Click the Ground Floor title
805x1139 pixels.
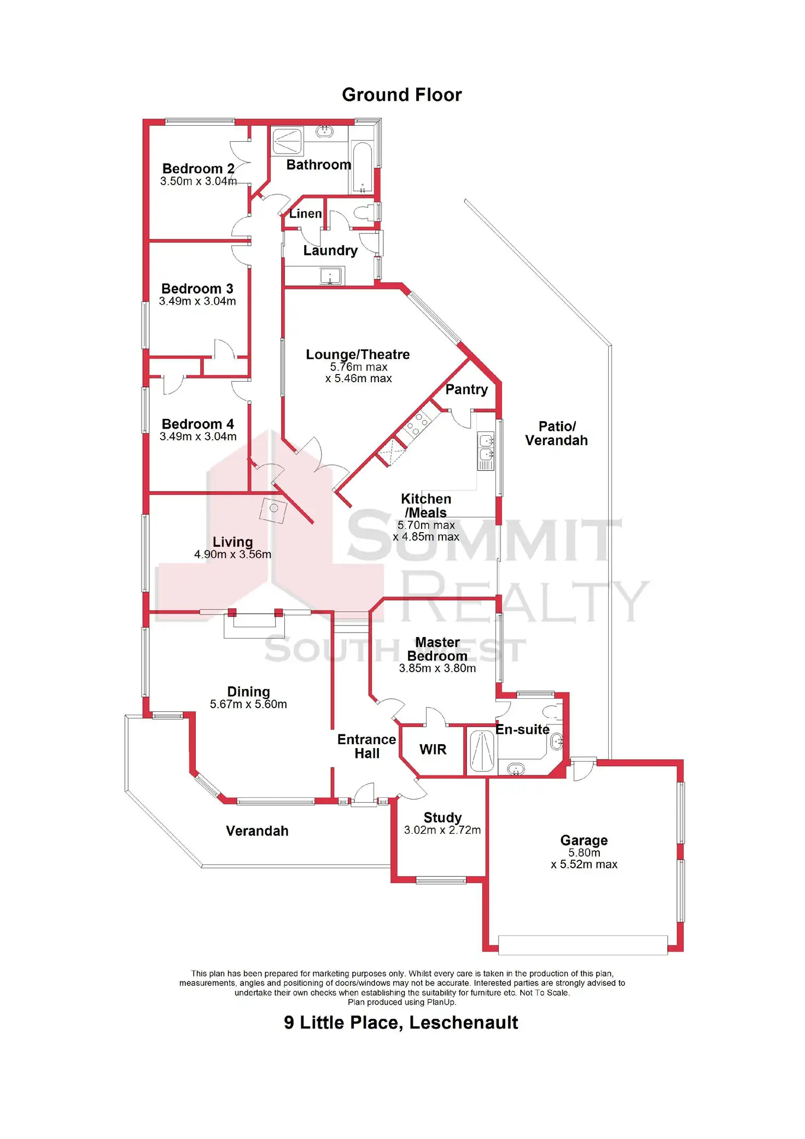coord(401,95)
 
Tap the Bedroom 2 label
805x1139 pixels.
coord(198,168)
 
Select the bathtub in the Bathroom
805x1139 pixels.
coord(362,167)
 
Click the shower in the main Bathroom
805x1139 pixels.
coord(287,141)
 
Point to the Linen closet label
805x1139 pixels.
coord(305,214)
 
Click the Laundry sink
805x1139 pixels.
coord(330,276)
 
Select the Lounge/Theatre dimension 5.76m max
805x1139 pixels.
coord(358,367)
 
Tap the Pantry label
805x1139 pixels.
coord(466,389)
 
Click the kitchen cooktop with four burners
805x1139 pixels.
coord(417,424)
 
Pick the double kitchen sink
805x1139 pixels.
coord(486,447)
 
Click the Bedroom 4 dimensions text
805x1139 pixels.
coord(198,436)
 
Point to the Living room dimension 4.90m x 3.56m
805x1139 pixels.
coord(232,554)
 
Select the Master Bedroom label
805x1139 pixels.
coord(437,649)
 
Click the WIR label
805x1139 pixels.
coord(433,749)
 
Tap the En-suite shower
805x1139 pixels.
coord(481,751)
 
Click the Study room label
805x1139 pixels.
coord(442,817)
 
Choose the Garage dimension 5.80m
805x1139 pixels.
coord(584,852)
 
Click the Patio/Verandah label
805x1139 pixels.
coord(556,433)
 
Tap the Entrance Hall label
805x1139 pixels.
coord(366,746)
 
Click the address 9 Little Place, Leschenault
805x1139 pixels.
coord(401,1023)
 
